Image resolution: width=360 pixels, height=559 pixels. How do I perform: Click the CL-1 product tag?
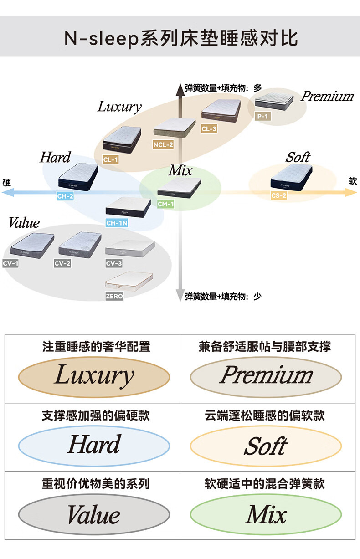[x=111, y=159]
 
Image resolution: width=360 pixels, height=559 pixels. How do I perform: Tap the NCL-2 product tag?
[x=163, y=145]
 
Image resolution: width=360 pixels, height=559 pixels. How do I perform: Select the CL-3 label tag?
[x=209, y=129]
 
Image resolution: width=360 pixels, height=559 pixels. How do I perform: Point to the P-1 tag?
[x=262, y=117]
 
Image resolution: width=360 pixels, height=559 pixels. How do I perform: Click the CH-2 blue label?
[x=65, y=196]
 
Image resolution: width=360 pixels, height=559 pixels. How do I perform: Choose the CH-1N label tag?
[x=117, y=223]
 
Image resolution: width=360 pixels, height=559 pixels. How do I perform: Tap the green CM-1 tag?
[x=166, y=204]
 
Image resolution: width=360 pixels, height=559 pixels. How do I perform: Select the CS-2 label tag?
[x=279, y=196]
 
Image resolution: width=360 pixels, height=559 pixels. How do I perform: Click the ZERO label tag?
[x=114, y=296]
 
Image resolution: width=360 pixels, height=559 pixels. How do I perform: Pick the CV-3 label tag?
[x=114, y=263]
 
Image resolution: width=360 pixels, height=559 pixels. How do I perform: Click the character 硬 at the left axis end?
[x=6, y=182]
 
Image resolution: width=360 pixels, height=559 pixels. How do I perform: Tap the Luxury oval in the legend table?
[x=94, y=377]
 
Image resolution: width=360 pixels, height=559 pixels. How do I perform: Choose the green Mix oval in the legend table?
[x=266, y=515]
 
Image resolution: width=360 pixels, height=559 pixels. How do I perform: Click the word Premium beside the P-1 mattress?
[x=327, y=96]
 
